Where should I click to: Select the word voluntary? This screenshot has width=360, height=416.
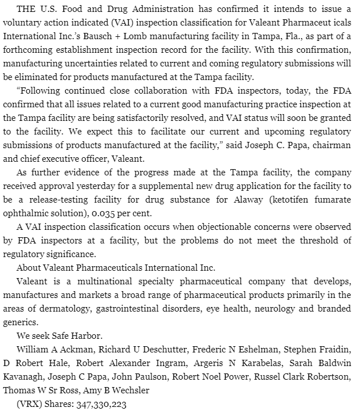click(x=21, y=22)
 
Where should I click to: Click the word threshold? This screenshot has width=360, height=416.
click(x=317, y=240)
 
